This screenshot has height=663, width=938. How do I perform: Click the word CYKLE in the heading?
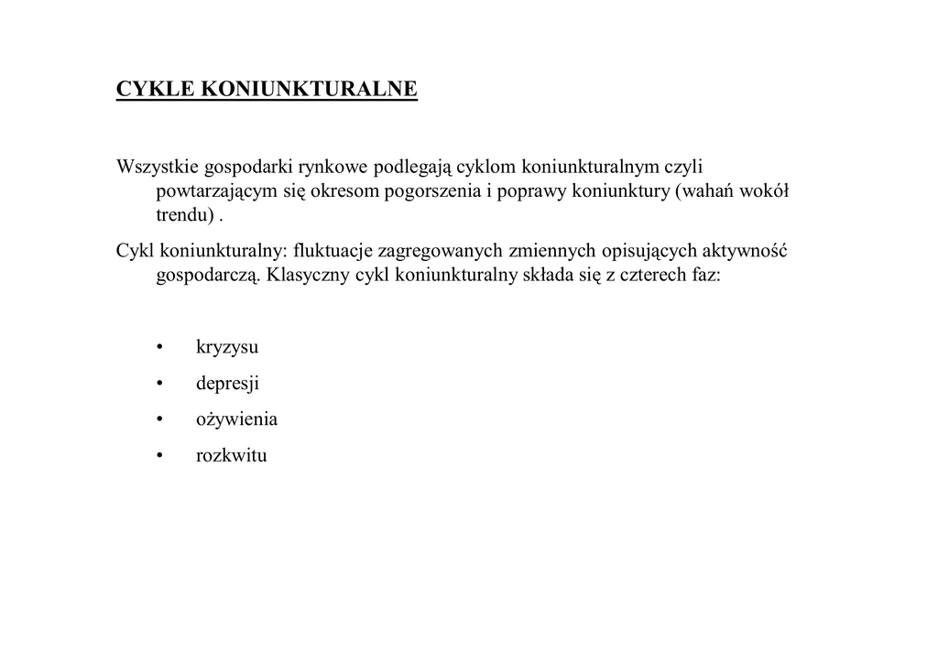point(155,89)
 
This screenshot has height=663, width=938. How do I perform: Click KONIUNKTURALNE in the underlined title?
point(309,89)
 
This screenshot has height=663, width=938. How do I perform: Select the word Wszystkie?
point(157,167)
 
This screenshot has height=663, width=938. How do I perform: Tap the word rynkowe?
point(333,167)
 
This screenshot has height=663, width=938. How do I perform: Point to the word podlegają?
point(410,168)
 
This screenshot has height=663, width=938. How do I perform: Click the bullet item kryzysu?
point(227,348)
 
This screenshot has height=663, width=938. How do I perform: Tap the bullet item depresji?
point(227,384)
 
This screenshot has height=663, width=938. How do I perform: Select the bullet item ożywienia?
point(236,419)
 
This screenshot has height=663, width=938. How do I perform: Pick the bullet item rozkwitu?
point(231,455)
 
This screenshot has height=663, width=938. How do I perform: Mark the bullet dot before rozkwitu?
point(159,455)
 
